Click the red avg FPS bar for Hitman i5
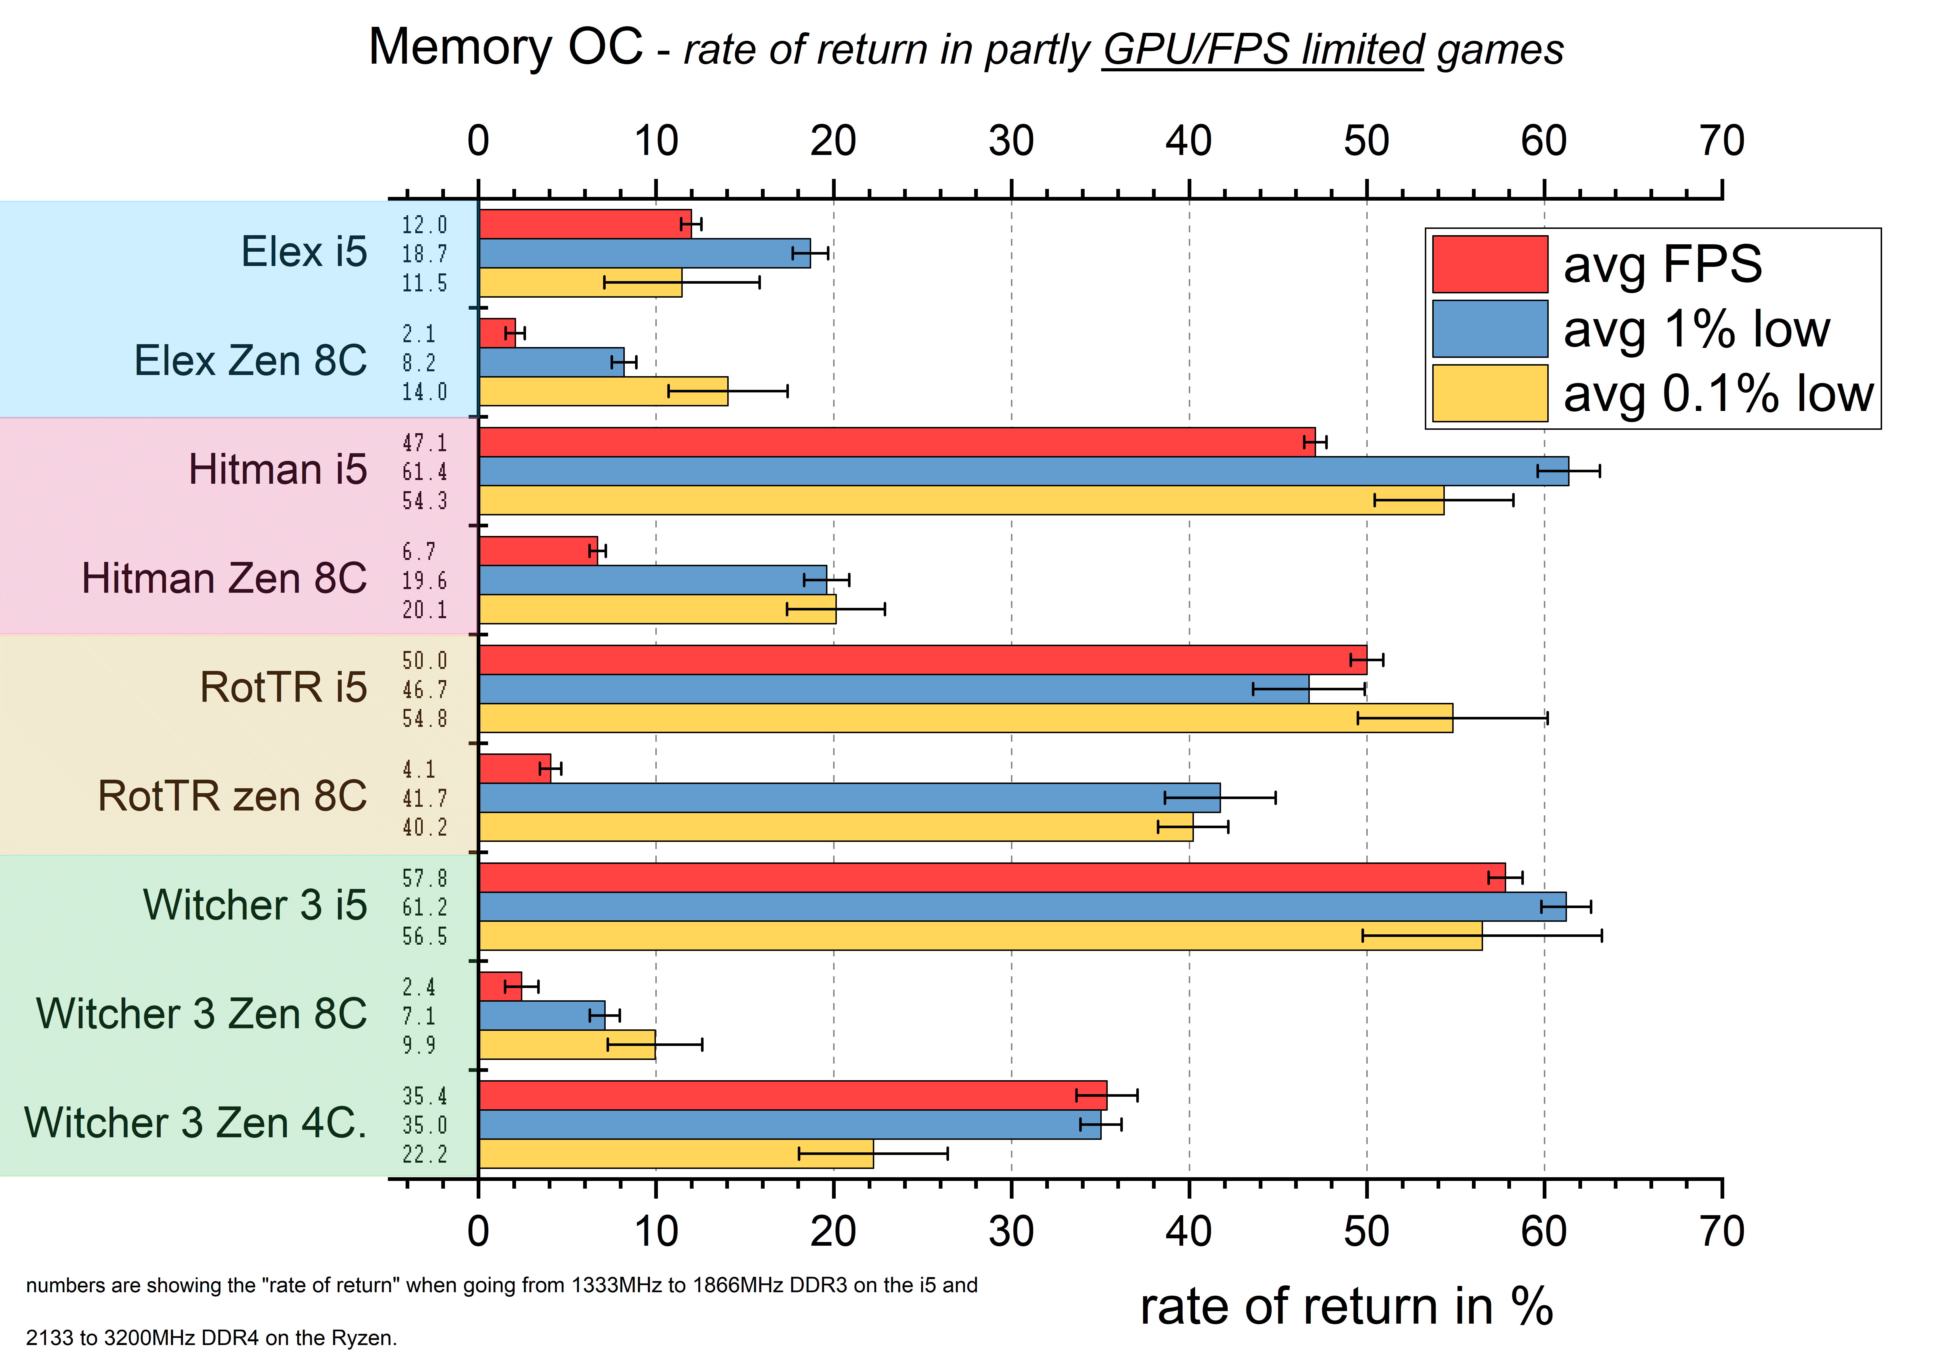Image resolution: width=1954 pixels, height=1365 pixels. coord(894,442)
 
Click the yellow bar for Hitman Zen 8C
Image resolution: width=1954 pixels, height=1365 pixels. coord(657,609)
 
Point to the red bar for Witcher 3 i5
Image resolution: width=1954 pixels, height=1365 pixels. coord(992,877)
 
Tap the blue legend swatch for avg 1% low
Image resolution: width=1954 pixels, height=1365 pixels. coord(1489,328)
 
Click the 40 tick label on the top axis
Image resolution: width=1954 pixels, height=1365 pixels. coord(1188,141)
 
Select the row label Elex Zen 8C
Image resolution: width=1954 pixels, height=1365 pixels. coord(250,361)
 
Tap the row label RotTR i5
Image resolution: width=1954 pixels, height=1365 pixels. coord(283,687)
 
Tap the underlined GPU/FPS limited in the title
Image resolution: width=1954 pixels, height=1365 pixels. coord(1263,49)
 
